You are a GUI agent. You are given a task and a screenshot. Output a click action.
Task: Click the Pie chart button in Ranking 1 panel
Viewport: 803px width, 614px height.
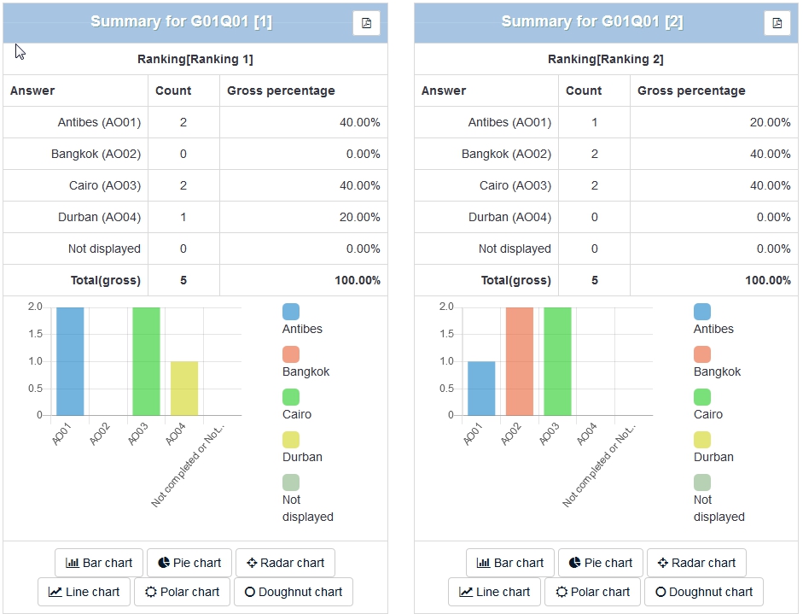point(189,563)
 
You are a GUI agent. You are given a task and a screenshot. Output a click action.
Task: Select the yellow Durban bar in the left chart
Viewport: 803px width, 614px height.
point(184,389)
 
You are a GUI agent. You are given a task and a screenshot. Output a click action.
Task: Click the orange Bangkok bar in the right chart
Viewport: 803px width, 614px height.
point(520,361)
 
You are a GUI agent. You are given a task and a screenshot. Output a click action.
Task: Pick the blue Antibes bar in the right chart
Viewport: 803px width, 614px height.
point(481,389)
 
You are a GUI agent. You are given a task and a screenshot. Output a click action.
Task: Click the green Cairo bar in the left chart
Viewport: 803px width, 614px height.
point(146,361)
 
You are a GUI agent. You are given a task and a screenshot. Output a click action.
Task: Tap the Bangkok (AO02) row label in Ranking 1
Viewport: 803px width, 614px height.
point(96,154)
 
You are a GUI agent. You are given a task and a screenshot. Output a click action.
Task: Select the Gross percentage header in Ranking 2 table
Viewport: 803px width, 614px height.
point(691,91)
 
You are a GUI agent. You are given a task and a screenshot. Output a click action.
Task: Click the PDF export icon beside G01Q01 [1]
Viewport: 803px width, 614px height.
point(366,23)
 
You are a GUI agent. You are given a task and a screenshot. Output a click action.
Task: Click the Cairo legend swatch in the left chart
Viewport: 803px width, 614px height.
point(291,397)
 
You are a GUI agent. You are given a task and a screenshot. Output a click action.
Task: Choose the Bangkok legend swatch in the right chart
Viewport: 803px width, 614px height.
point(702,354)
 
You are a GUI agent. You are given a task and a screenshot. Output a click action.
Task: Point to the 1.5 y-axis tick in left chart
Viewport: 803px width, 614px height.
point(34,334)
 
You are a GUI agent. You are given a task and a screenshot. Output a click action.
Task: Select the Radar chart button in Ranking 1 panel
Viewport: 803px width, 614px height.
point(285,563)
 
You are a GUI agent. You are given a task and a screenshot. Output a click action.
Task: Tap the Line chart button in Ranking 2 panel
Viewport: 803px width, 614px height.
point(494,592)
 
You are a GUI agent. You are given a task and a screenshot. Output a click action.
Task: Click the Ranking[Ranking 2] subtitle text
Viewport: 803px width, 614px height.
point(605,59)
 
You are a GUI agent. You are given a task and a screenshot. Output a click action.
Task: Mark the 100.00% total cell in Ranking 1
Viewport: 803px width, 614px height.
point(358,280)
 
